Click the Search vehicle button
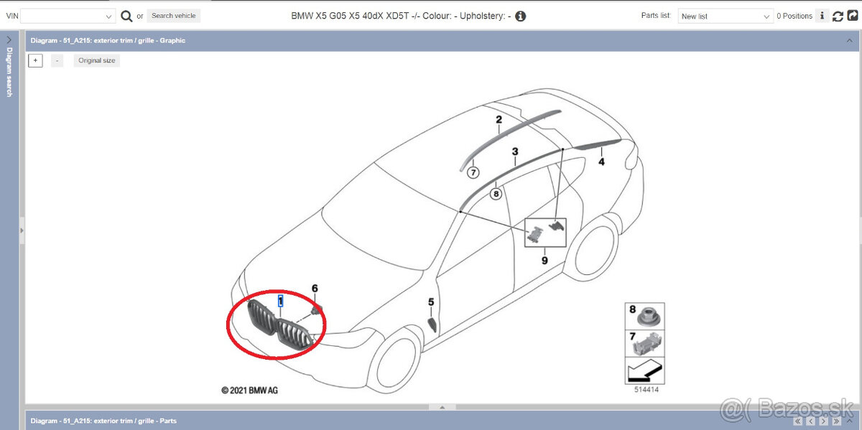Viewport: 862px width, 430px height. pos(174,16)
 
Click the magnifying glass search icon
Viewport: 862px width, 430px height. pos(126,17)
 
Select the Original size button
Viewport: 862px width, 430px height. pos(96,60)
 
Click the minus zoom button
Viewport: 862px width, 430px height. pos(57,60)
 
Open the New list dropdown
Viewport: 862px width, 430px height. pos(726,17)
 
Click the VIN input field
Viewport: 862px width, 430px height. pos(68,17)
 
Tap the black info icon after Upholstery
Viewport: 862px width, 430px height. pos(520,17)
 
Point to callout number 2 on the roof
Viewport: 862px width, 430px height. pos(499,120)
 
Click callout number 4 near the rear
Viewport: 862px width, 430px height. pos(601,162)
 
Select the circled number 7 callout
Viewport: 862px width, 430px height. pos(473,173)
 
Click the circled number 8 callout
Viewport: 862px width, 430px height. pos(496,194)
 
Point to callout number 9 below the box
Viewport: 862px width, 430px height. pos(544,261)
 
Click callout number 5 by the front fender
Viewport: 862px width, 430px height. pos(431,302)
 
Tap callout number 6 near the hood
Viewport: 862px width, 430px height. pos(315,289)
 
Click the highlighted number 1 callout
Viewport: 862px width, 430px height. pos(281,301)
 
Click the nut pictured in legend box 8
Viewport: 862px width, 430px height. pos(649,317)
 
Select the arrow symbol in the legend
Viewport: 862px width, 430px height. pos(645,370)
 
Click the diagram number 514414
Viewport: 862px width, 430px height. pos(646,390)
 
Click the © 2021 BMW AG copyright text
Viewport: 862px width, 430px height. pos(249,391)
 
